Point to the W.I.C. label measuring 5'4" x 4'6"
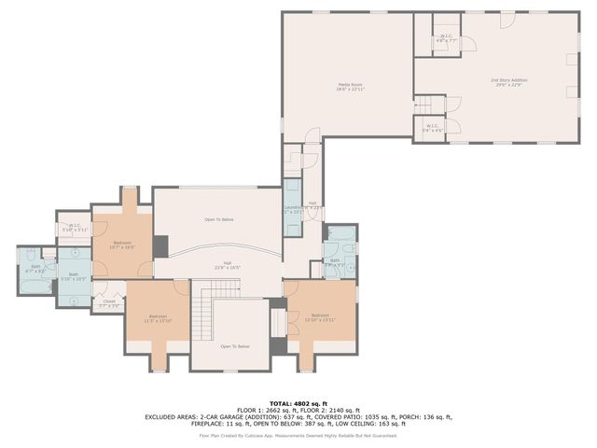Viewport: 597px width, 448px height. (x=432, y=128)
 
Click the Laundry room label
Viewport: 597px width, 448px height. (x=293, y=209)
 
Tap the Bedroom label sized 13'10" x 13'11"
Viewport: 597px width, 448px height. (x=321, y=317)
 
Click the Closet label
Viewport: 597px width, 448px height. (x=108, y=303)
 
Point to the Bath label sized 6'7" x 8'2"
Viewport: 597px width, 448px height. (x=36, y=268)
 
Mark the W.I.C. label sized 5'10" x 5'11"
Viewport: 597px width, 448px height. (x=75, y=227)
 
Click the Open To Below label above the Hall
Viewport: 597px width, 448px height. (x=219, y=219)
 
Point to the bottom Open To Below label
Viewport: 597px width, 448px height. (x=235, y=346)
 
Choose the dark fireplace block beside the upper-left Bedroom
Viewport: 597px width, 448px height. (x=160, y=246)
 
